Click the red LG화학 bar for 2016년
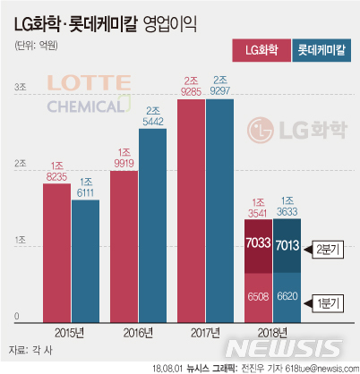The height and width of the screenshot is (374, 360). [x=124, y=245]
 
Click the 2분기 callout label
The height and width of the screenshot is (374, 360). [x=329, y=248]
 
